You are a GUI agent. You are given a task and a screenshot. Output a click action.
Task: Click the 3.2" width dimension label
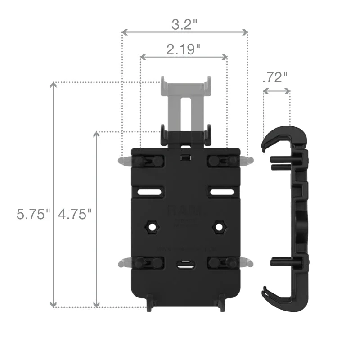coord(184,24)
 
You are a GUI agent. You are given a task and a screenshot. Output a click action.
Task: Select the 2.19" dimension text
coord(184,49)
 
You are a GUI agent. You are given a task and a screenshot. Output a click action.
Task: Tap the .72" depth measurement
coord(275,77)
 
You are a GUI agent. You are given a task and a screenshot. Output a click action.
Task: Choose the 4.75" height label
coord(75,214)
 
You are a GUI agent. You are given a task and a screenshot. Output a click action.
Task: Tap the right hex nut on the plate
coord(219,226)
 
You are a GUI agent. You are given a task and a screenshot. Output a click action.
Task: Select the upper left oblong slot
coord(150,192)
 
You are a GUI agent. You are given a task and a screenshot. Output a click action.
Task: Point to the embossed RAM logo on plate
coord(184,211)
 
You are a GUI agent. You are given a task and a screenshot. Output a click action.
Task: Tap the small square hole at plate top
coord(184,157)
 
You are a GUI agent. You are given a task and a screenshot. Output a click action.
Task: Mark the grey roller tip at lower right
coord(248,262)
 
